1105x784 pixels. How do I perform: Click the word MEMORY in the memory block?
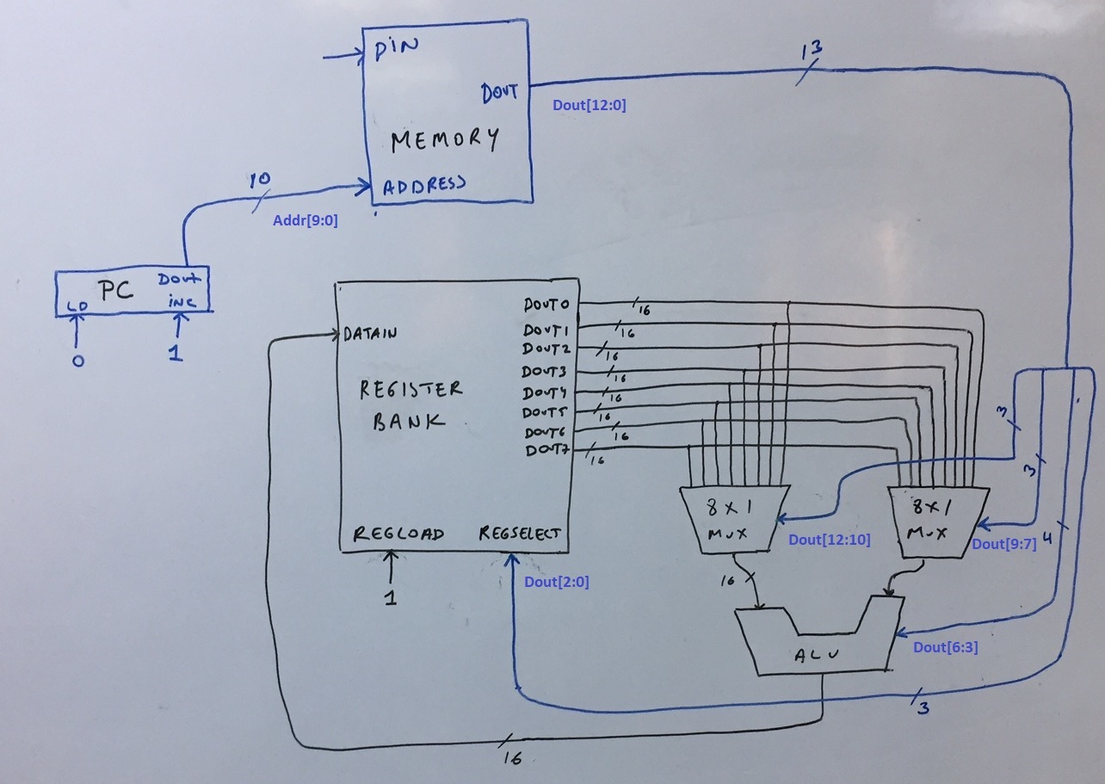tap(444, 139)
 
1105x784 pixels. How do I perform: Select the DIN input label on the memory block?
tap(397, 47)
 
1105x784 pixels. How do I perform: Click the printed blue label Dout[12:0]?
tap(589, 106)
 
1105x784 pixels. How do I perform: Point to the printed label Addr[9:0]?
tap(306, 220)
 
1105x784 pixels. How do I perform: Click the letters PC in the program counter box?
tap(114, 291)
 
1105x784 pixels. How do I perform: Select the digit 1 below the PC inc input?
tap(176, 353)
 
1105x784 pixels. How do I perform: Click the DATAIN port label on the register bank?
tap(370, 334)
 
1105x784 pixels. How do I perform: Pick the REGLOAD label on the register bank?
tap(398, 534)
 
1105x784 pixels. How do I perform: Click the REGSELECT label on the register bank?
tap(520, 534)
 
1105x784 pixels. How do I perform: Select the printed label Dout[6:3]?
tap(945, 647)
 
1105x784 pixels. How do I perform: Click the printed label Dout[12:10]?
tap(829, 540)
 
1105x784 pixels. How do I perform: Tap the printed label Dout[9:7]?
tap(1003, 544)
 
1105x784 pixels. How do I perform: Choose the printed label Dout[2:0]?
tap(556, 582)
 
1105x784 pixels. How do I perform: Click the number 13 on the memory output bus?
tap(811, 50)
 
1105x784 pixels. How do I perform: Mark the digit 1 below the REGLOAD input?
tap(390, 596)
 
